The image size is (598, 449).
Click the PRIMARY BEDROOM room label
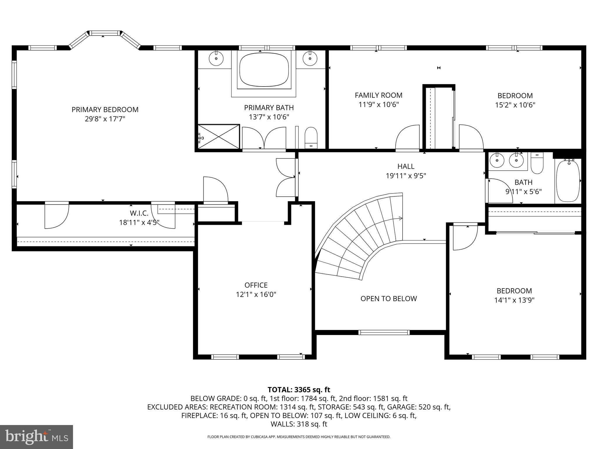pyautogui.click(x=105, y=110)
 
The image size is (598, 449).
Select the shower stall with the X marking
pyautogui.click(x=219, y=137)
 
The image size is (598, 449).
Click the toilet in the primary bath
pyautogui.click(x=311, y=137)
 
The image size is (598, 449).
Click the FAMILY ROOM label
pyautogui.click(x=378, y=95)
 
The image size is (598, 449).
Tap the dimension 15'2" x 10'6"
pyautogui.click(x=515, y=105)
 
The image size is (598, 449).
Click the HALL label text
pyautogui.click(x=406, y=166)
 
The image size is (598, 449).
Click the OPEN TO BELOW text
pyautogui.click(x=388, y=298)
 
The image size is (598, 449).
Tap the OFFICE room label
pyautogui.click(x=256, y=285)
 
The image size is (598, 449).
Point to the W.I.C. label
pyautogui.click(x=139, y=213)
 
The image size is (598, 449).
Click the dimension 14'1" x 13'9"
pyautogui.click(x=514, y=300)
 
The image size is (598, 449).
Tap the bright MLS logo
pyautogui.click(x=36, y=437)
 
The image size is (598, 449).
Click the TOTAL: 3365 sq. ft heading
pyautogui.click(x=299, y=390)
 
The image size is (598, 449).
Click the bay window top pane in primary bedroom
pyautogui.click(x=105, y=33)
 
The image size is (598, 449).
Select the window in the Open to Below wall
pyautogui.click(x=384, y=332)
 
